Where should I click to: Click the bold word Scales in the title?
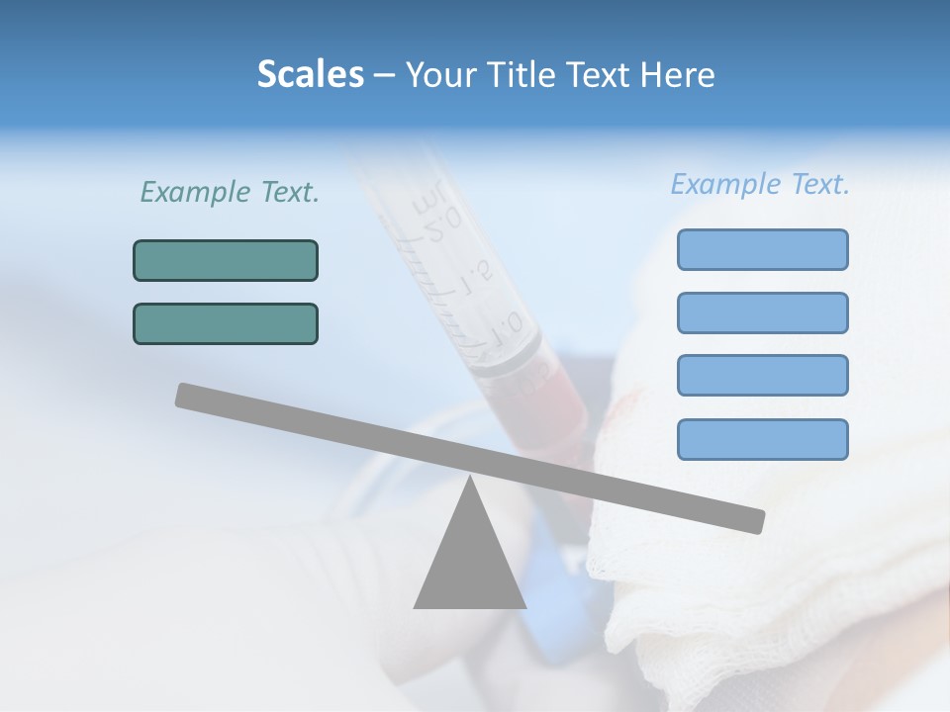point(310,75)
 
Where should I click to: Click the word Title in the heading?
point(525,75)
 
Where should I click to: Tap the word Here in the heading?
point(677,75)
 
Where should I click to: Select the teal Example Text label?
point(230,193)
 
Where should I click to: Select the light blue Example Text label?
point(760,184)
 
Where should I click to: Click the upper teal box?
point(226,260)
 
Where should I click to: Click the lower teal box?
point(226,323)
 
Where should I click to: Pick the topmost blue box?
point(762,249)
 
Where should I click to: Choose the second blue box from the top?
point(762,312)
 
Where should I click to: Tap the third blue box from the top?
point(762,375)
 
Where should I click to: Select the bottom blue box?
point(762,439)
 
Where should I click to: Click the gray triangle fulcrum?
point(469,564)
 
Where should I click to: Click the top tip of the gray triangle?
point(469,479)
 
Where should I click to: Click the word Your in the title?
point(438,75)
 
